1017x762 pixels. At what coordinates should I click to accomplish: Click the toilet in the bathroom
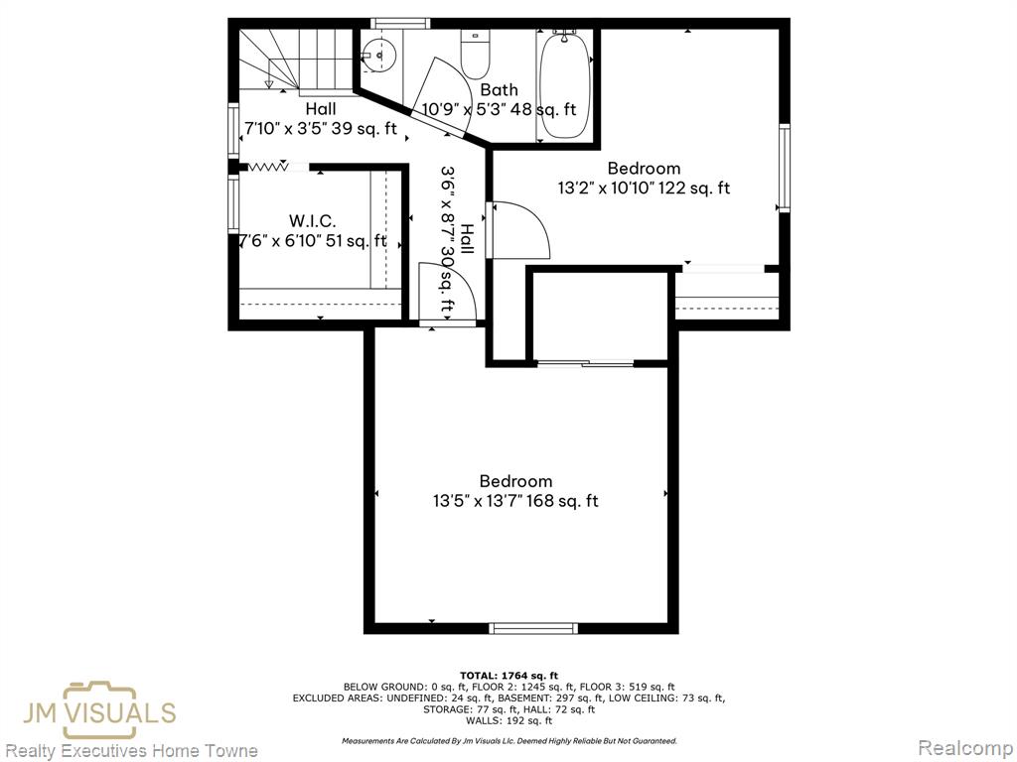[x=475, y=53]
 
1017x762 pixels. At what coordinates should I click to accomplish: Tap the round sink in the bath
[x=379, y=54]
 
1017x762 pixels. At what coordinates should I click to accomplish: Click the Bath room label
[x=499, y=89]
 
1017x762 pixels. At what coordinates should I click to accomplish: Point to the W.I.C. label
[x=313, y=221]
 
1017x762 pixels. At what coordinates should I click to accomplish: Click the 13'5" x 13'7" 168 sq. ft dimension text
[x=515, y=501]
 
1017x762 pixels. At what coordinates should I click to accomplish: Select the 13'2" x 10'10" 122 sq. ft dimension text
[x=644, y=188]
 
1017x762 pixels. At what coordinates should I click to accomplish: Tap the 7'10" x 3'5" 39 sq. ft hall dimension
[x=321, y=128]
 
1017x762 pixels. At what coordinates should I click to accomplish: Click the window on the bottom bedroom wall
[x=533, y=628]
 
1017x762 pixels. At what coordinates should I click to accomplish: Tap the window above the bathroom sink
[x=400, y=24]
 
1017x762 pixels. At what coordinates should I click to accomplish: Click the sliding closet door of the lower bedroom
[x=585, y=363]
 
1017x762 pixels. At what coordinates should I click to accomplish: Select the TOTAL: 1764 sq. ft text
[x=508, y=675]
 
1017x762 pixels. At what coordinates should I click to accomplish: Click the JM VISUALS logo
[x=99, y=711]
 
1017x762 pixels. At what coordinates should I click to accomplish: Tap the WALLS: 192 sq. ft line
[x=508, y=720]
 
